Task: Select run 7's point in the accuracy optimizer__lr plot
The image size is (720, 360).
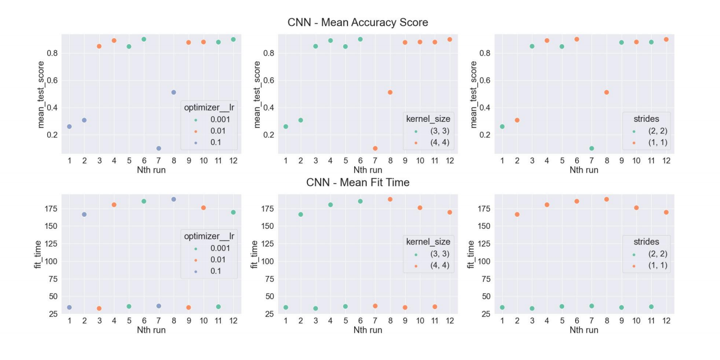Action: click(x=159, y=149)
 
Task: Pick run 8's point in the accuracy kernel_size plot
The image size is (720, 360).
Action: click(x=390, y=92)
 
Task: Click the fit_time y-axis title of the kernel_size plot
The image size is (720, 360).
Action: click(x=255, y=254)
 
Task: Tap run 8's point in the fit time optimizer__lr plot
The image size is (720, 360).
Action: click(x=174, y=199)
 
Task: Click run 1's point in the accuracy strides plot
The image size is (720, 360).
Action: click(x=502, y=126)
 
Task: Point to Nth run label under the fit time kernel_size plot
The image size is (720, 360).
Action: click(x=367, y=330)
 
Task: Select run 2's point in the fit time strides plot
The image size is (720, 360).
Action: click(x=517, y=214)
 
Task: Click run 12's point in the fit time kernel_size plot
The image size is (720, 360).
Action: click(x=450, y=212)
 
